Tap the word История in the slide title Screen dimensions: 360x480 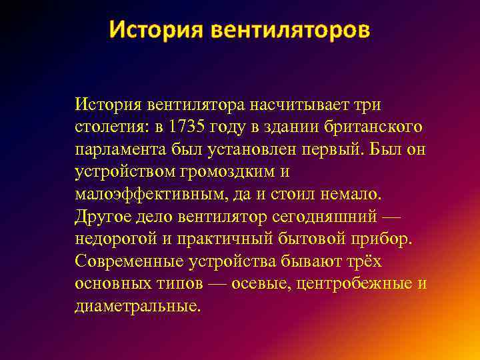155,30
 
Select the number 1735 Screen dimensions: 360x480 188,127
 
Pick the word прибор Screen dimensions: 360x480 383,239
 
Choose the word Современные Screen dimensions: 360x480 127,261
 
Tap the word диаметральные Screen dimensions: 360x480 137,306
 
